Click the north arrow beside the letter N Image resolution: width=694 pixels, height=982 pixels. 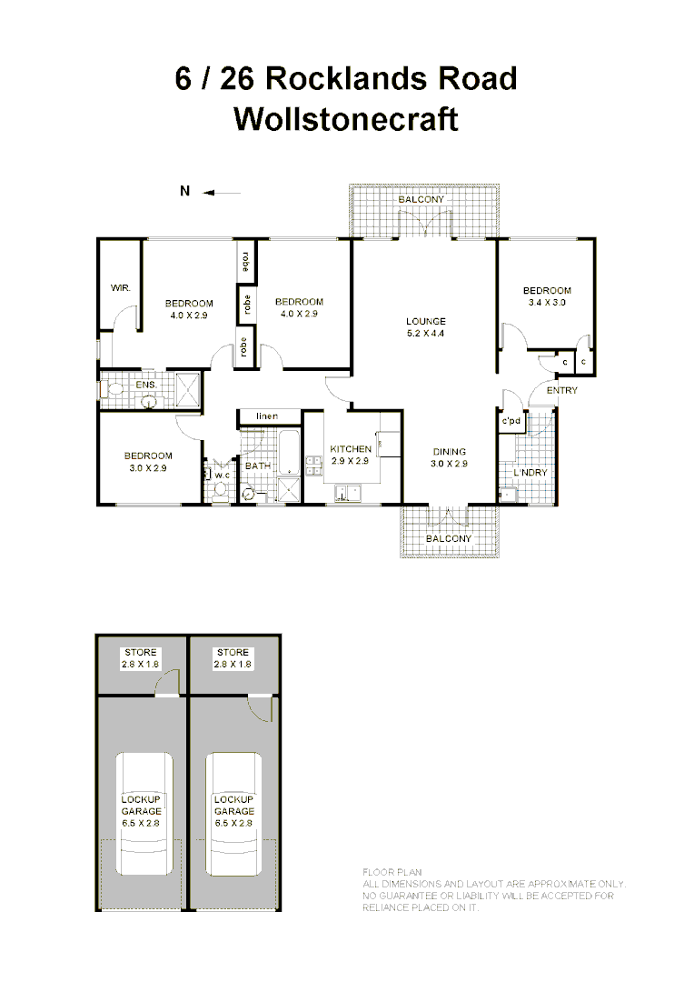pos(222,192)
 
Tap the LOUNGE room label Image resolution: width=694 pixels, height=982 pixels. pos(425,321)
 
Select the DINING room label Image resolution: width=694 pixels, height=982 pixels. pos(449,452)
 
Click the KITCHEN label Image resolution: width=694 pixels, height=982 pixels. pos(350,449)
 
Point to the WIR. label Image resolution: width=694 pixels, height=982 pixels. pos(121,287)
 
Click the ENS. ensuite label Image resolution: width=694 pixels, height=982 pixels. pos(146,385)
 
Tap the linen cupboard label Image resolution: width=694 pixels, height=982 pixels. pos(266,416)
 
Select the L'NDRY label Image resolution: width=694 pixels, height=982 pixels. pos(530,473)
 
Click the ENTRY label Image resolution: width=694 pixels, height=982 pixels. pos(561,391)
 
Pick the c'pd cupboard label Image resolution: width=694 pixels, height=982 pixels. pos(511,421)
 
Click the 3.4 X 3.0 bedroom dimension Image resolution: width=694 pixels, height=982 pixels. pos(547,303)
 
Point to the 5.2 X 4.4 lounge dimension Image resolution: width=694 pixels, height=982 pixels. pos(425,333)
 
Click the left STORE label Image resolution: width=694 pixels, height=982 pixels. pos(141,653)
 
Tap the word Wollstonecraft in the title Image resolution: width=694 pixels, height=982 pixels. pos(346,119)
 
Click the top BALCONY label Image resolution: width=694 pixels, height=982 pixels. pos(422,199)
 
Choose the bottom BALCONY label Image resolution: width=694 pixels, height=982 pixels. pos(449,538)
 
